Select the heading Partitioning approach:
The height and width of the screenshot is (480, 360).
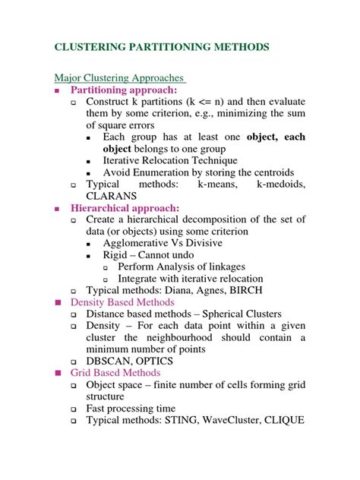pos(125,90)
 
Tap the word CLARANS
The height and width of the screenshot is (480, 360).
pos(113,195)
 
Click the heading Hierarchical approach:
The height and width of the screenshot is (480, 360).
pos(125,207)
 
